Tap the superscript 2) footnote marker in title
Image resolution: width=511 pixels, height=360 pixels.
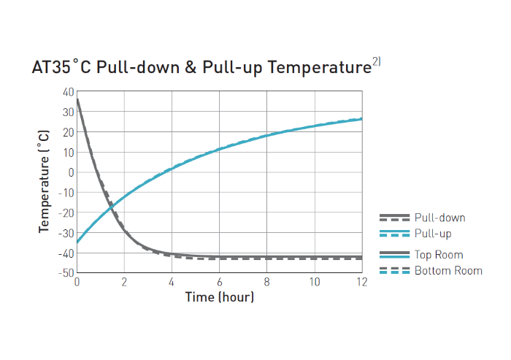(376, 62)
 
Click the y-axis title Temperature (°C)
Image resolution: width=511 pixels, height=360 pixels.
(45, 181)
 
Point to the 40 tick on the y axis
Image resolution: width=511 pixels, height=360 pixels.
(69, 92)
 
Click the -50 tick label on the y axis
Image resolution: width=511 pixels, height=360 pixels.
(66, 272)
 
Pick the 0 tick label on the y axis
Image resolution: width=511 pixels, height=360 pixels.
(72, 172)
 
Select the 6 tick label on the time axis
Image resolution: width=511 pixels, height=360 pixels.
(219, 282)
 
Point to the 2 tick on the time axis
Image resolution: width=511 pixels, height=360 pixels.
(124, 282)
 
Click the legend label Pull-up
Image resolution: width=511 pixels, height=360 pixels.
(433, 234)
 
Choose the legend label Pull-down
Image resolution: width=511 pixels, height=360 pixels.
(439, 218)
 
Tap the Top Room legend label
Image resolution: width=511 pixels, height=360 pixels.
(439, 255)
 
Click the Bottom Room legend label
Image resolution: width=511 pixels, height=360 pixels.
(448, 271)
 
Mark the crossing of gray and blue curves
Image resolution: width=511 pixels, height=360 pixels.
(111, 207)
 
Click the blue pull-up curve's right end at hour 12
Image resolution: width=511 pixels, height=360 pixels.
(361, 118)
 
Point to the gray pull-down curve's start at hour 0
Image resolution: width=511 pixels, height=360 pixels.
(77, 100)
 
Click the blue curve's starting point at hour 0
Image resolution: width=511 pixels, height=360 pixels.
(77, 242)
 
